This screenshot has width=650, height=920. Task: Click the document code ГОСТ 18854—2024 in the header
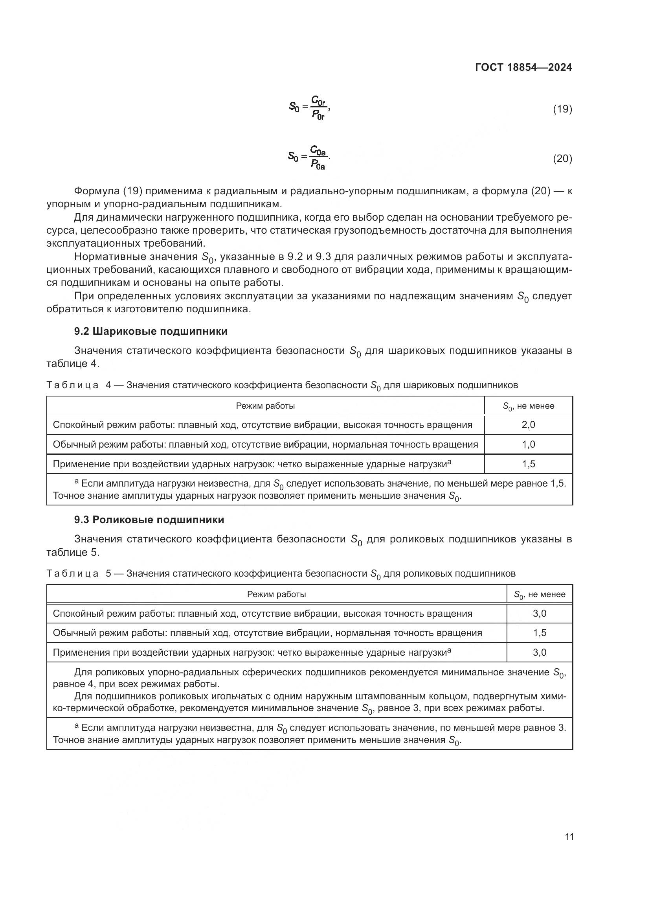[523, 67]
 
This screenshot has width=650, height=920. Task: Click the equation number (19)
[562, 109]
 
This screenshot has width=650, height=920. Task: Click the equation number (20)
[562, 159]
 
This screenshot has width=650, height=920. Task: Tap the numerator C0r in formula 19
[319, 100]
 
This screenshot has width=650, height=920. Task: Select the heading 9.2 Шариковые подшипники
[151, 331]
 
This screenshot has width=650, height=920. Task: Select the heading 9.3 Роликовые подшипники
[149, 520]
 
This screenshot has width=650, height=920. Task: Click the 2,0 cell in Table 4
[528, 425]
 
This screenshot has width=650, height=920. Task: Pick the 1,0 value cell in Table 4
[528, 444]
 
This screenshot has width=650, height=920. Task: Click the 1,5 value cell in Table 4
[528, 464]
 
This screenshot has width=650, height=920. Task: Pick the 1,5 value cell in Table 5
[540, 633]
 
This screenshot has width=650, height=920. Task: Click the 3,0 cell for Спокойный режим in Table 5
[540, 614]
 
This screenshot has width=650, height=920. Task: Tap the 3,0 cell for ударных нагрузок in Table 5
[540, 652]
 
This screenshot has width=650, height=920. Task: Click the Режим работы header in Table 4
[265, 406]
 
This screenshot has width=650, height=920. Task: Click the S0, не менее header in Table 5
[540, 595]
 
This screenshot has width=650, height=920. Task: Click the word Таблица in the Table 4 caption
[72, 385]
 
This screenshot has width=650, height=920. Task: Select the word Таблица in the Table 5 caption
[72, 573]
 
